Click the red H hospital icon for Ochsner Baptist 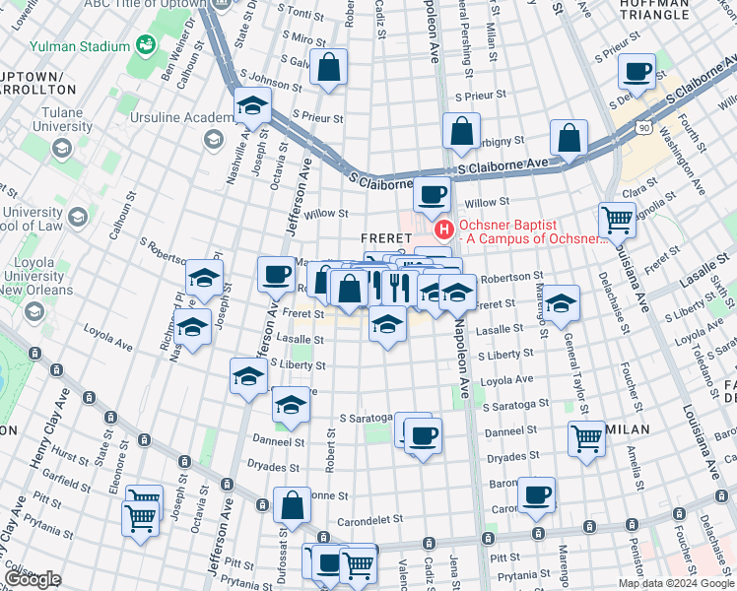pos(443,230)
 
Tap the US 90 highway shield pos(643,127)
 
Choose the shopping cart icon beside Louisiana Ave pos(617,221)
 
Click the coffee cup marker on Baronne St pos(536,495)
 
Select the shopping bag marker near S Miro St pos(328,67)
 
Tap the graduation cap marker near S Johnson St pos(253,106)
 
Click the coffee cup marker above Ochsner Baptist pos(432,195)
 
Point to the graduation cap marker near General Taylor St pos(561,304)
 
